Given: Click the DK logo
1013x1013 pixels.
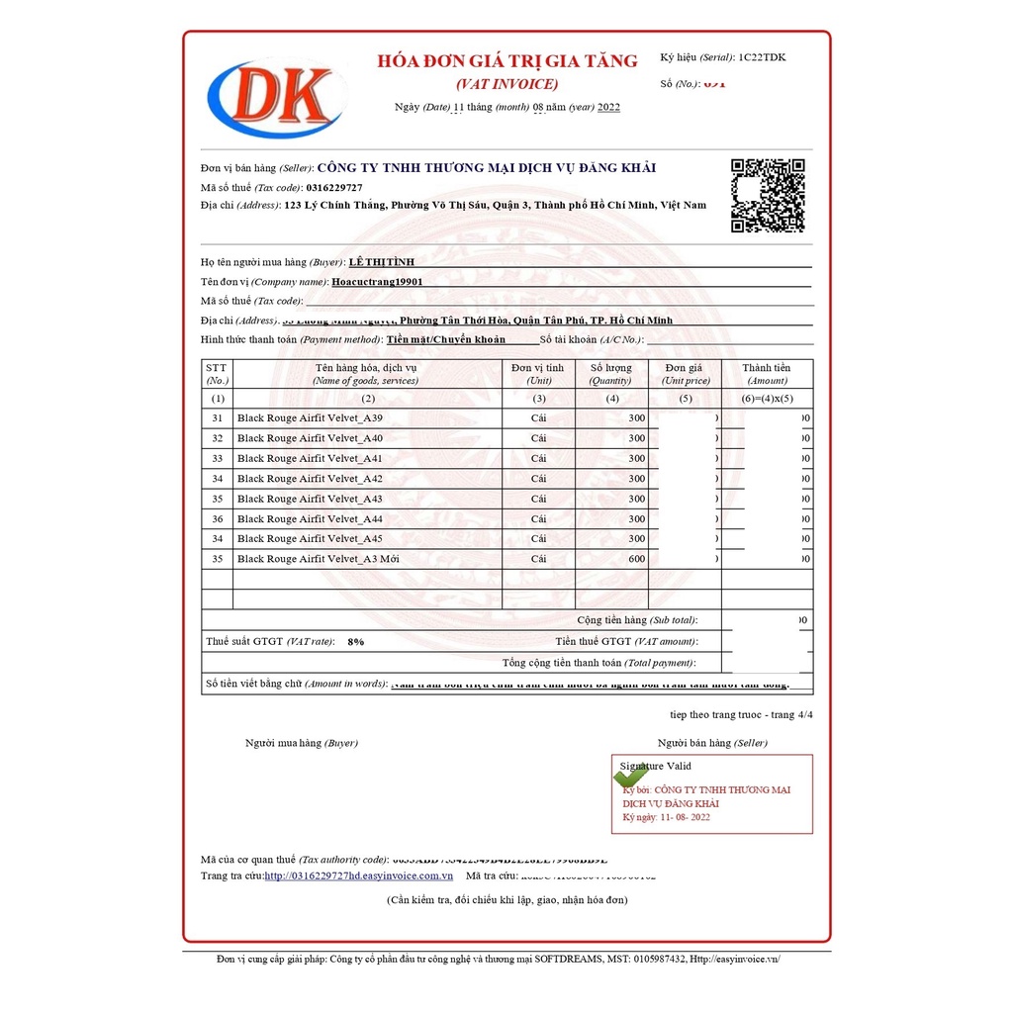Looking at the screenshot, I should pos(276,99).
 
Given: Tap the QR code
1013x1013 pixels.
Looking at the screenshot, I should pos(767,195).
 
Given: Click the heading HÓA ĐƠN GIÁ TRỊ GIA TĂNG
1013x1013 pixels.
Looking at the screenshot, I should pos(507,61).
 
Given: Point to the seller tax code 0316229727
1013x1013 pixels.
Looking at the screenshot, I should pos(334,187).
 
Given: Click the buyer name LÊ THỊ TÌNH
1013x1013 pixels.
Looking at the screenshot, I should pos(382,262).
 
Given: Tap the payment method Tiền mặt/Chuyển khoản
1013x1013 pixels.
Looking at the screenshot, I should pos(446,339).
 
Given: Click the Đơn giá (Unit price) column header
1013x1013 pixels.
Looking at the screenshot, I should pos(686,373).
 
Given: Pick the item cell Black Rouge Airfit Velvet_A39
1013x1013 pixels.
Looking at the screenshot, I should pos(310,418).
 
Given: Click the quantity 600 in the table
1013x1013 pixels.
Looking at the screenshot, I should pos(636,559).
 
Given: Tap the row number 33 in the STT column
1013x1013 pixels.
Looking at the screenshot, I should pos(217,459).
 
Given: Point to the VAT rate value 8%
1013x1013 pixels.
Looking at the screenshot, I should pos(355,642).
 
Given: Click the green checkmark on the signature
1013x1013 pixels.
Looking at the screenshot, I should pos(630,776).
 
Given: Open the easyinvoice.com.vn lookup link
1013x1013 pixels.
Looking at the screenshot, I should pos(358,875).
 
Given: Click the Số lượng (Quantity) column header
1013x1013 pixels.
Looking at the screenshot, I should pos(610,373).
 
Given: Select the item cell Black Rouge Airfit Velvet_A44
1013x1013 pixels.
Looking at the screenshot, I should pos(310,519).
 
